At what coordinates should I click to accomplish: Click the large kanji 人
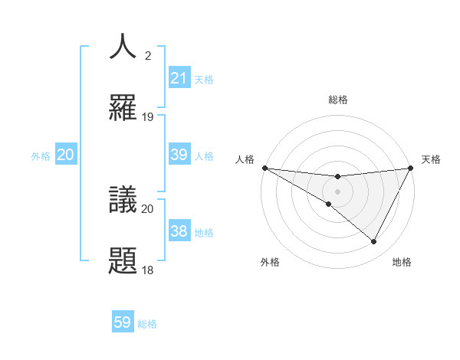click(x=123, y=47)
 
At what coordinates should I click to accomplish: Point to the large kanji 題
click(x=123, y=260)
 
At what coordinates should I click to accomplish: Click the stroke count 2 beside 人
click(x=148, y=56)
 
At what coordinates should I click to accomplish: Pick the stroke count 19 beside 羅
click(x=148, y=117)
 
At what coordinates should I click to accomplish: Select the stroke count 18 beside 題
click(x=148, y=270)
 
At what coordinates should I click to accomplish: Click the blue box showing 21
click(x=179, y=78)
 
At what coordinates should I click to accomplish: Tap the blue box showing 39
click(x=179, y=155)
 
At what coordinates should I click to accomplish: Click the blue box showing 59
click(x=123, y=322)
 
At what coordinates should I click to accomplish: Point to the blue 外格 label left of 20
click(x=41, y=155)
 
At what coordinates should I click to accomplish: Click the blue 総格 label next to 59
click(x=147, y=324)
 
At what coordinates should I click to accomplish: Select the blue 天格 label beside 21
click(x=204, y=79)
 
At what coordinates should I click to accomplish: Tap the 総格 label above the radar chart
click(x=337, y=100)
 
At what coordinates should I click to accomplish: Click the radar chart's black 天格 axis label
click(x=431, y=159)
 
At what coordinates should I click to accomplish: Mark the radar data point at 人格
click(x=264, y=167)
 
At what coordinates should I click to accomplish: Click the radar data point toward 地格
click(x=374, y=242)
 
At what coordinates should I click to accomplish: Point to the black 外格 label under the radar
click(x=270, y=262)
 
